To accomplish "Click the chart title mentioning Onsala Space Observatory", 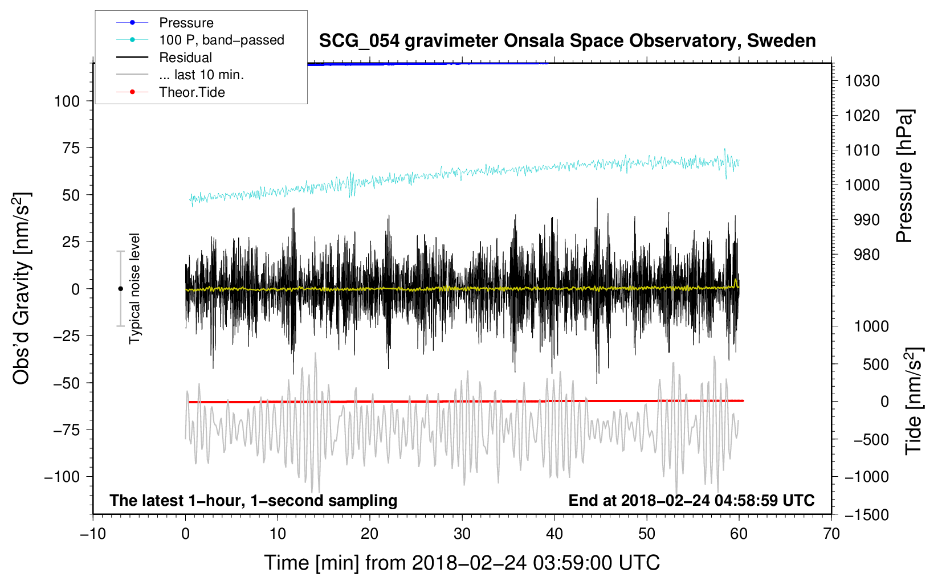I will pos(567,41).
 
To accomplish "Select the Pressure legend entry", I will pos(186,23).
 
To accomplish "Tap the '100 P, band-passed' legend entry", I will pos(221,40).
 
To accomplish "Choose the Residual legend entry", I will pos(185,58).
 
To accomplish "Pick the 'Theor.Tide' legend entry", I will pos(192,92).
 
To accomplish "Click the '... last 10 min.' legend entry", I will pos(201,75).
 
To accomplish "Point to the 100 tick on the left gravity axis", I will pos(67,101).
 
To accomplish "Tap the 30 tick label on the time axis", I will pos(462,534).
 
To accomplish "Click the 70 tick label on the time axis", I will pos(831,534).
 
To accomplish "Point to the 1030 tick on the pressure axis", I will pos(862,81).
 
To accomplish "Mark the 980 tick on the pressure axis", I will pos(866,255).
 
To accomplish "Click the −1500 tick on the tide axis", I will pos(866,515).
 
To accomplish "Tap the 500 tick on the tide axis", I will pos(875,364).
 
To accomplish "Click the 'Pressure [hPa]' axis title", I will pos(904,176).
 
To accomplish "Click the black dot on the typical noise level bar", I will pos(120,289).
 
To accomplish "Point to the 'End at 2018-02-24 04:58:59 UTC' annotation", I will pos(691,500).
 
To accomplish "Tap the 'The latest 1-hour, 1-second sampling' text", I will pos(253,500).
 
